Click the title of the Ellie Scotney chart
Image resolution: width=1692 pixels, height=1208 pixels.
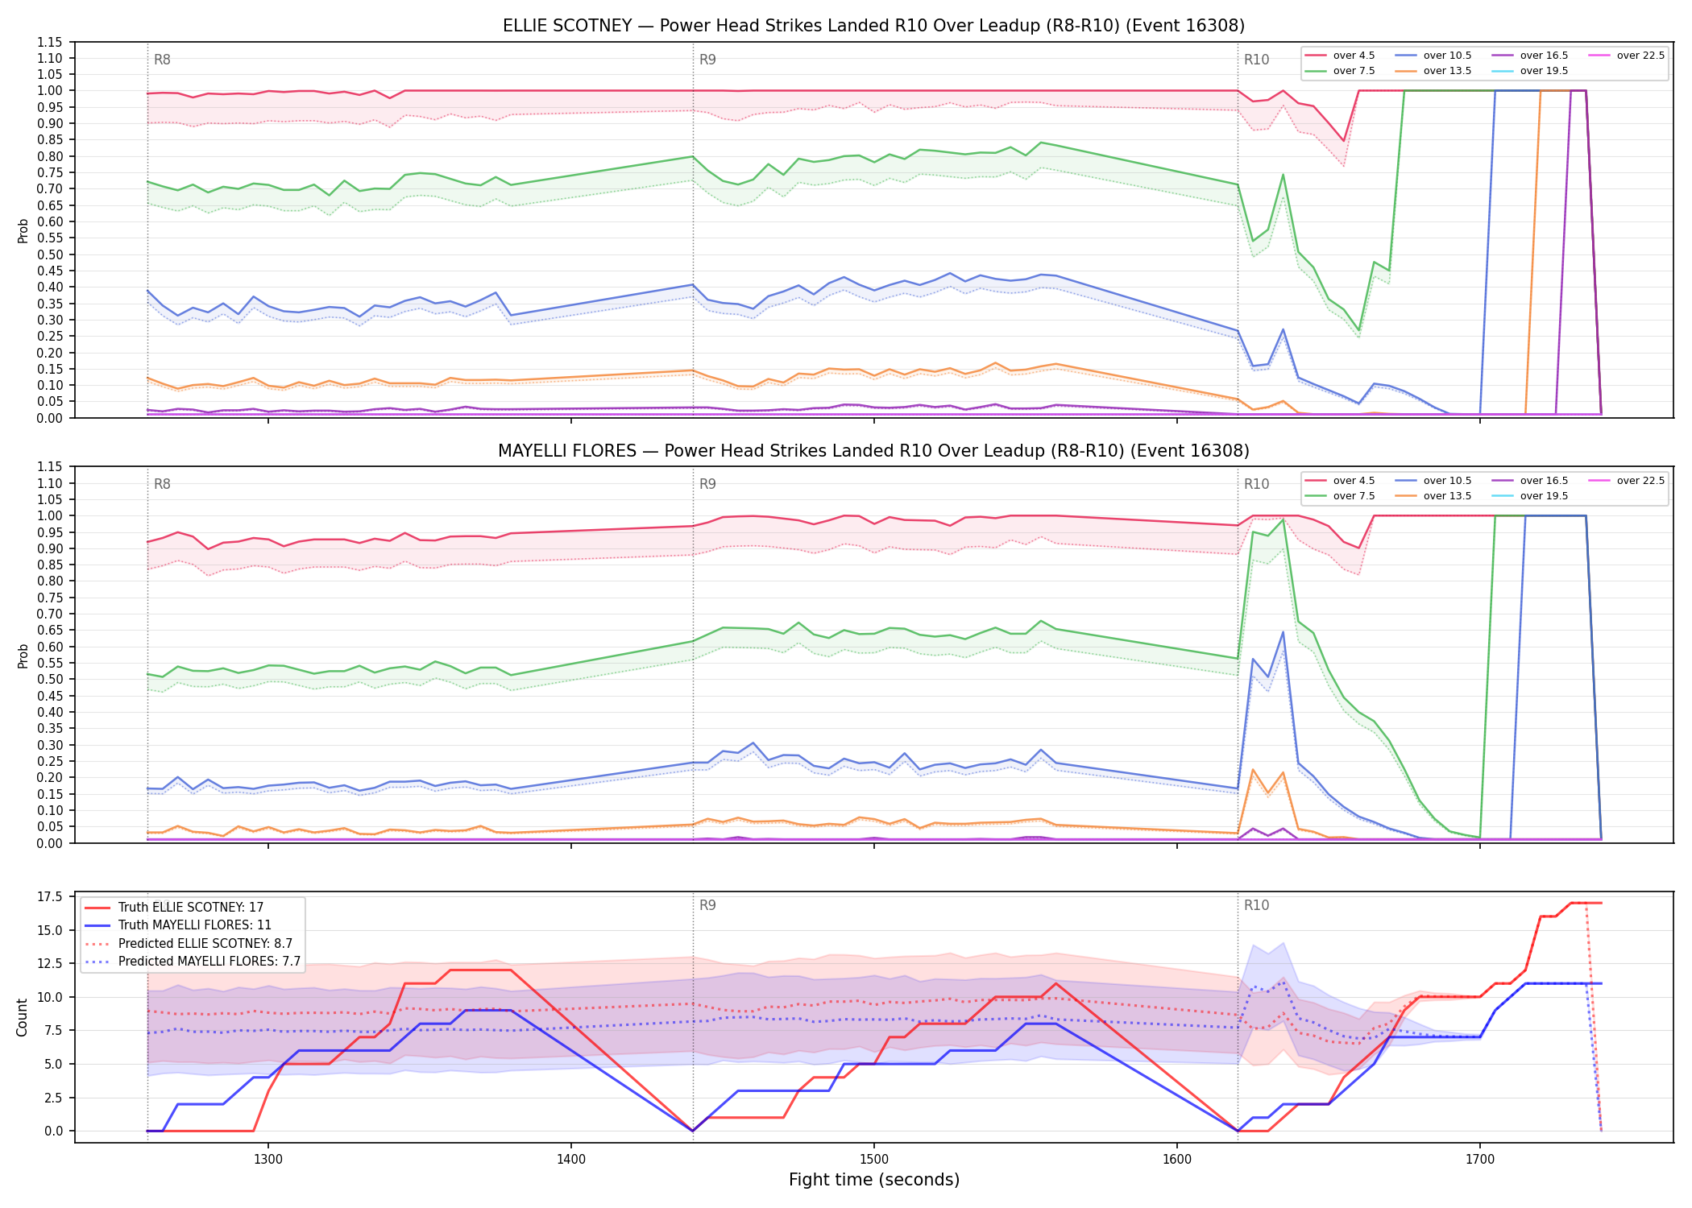tap(873, 26)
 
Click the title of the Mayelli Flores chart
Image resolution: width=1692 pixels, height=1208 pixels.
tap(873, 451)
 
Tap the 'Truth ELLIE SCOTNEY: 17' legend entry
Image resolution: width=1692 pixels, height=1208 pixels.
tap(174, 908)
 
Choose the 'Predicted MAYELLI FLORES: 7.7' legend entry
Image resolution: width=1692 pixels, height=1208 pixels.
tap(193, 962)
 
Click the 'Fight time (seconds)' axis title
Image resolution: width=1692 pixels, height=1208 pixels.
tap(874, 1180)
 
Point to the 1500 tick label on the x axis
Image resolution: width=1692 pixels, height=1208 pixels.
tap(874, 1160)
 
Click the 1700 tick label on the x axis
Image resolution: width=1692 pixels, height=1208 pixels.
tap(1480, 1160)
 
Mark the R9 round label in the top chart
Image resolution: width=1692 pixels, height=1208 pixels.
tap(707, 60)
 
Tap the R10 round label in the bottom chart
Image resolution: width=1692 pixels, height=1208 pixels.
tap(1256, 905)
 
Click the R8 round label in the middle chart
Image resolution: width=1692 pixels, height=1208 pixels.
tap(162, 484)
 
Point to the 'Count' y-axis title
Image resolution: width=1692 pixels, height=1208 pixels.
tap(22, 1017)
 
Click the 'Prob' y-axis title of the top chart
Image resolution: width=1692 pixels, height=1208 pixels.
tap(23, 230)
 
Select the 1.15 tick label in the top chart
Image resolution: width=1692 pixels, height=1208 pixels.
tap(50, 42)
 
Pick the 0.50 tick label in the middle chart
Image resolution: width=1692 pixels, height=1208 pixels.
tap(50, 680)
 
